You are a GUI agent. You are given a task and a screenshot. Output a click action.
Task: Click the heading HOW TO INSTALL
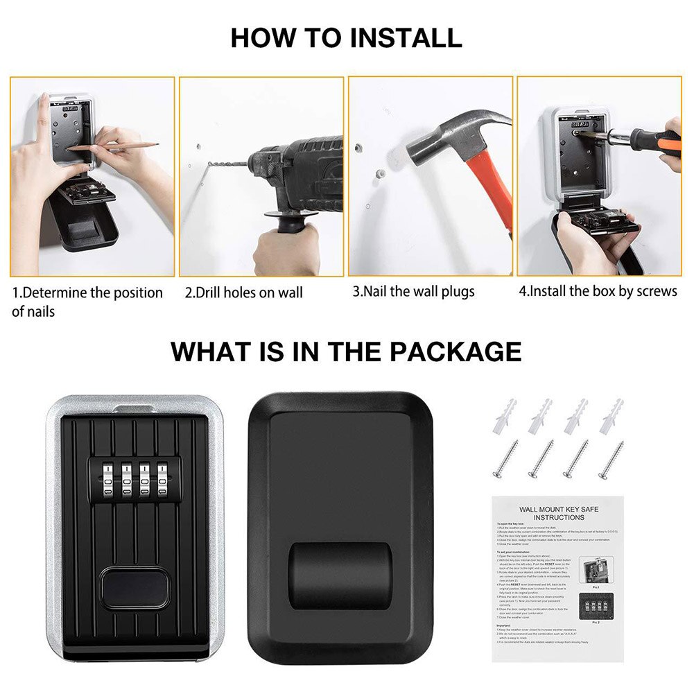[x=346, y=37]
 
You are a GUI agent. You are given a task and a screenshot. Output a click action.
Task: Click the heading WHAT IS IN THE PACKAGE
[x=346, y=351]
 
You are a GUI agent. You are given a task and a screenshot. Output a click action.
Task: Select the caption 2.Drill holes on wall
[x=243, y=293]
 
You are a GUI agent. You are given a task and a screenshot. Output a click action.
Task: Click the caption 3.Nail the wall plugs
[x=413, y=291]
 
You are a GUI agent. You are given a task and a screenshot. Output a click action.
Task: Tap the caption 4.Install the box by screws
[x=598, y=291]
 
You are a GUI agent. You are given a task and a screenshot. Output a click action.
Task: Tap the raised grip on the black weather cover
[x=340, y=576]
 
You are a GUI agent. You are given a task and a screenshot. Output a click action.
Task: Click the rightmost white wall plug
[x=611, y=417]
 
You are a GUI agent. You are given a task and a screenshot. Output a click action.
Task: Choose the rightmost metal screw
[x=611, y=460]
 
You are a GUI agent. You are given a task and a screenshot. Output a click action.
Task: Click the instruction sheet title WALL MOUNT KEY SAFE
[x=559, y=510]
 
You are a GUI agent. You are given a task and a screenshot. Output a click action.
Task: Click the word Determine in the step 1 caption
[x=53, y=293]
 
